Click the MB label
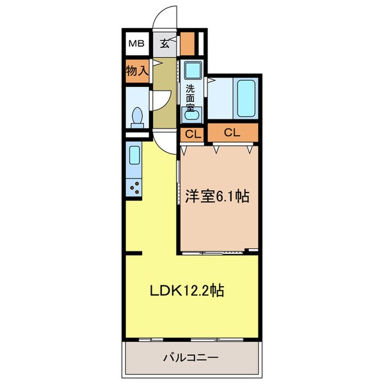tap(136, 44)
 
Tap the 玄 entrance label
tap(164, 44)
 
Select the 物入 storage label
tap(137, 70)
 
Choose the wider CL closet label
tap(232, 133)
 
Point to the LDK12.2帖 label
tap(186, 291)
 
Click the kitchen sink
tap(134, 155)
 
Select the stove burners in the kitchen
tap(135, 188)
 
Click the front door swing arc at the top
tap(167, 20)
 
